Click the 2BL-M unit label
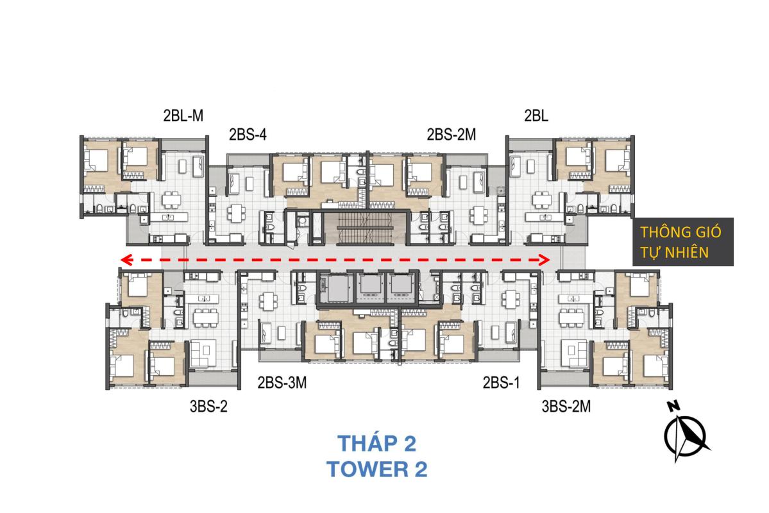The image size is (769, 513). point(183,115)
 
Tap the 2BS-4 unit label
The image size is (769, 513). point(248,135)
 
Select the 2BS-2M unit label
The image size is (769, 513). point(451,135)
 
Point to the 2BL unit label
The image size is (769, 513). point(536,115)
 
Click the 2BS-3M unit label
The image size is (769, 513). point(282,383)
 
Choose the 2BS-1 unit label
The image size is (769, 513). point(501,383)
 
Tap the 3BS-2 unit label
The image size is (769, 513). point(208,407)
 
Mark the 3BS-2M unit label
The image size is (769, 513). point(566,407)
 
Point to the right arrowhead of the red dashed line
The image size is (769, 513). point(544,260)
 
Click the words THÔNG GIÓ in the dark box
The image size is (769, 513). point(680,231)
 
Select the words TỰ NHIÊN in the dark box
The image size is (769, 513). point(674,253)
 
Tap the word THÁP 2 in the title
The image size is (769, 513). point(376,444)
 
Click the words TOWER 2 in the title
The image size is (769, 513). point(376,469)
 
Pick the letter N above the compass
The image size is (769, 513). point(673,406)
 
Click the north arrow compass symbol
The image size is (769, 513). point(685,437)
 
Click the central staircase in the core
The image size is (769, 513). point(366,228)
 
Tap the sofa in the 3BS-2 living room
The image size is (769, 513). point(203,353)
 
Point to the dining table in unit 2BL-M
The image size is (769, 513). point(171,200)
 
